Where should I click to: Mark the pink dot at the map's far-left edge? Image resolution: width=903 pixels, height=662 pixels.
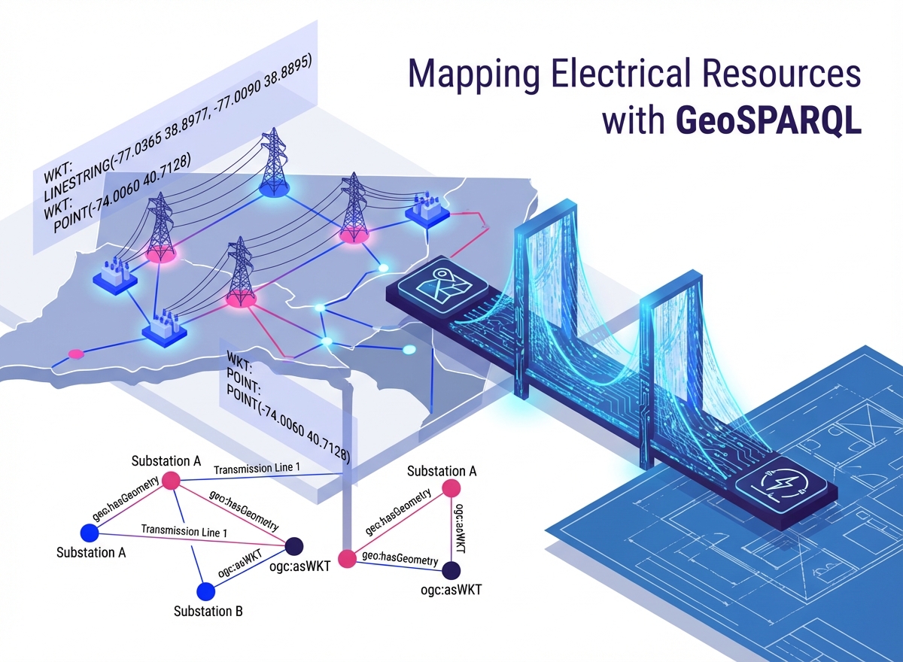coord(75,353)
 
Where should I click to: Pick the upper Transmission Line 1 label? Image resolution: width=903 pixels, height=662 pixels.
coord(257,469)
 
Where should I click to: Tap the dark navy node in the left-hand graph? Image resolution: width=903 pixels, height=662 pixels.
coord(294,545)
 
